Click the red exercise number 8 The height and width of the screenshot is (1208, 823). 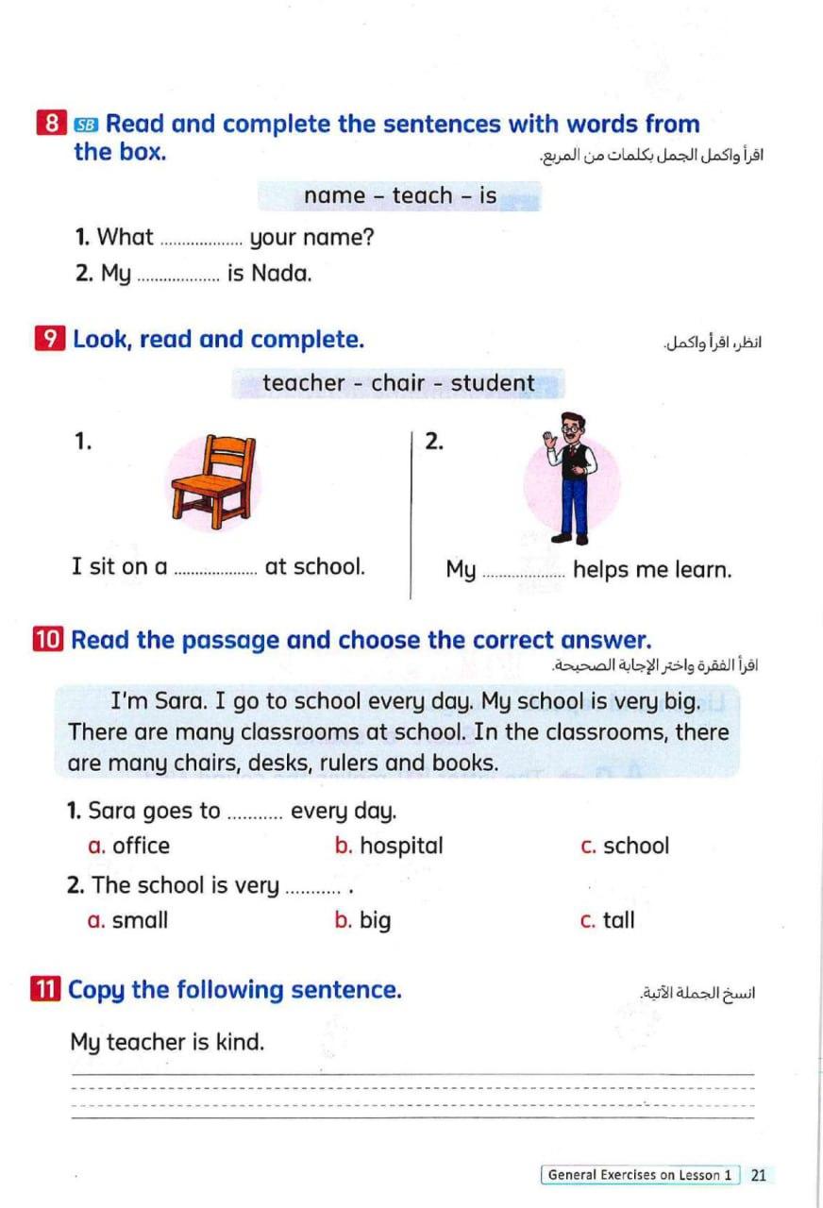click(x=52, y=125)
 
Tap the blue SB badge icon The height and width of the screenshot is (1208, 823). click(x=86, y=125)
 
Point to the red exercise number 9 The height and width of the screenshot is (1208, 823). click(x=49, y=340)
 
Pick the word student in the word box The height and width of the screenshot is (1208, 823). click(x=493, y=383)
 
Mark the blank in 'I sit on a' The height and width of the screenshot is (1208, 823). click(x=216, y=569)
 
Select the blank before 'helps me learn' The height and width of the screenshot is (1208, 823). click(x=523, y=572)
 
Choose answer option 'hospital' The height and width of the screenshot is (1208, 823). click(x=401, y=846)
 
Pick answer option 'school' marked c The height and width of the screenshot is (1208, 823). click(x=635, y=846)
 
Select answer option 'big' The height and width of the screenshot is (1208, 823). click(x=375, y=921)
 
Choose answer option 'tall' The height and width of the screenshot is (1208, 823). click(x=619, y=920)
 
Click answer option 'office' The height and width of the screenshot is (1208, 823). click(x=141, y=846)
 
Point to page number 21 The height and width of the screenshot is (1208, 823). click(x=759, y=1175)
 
